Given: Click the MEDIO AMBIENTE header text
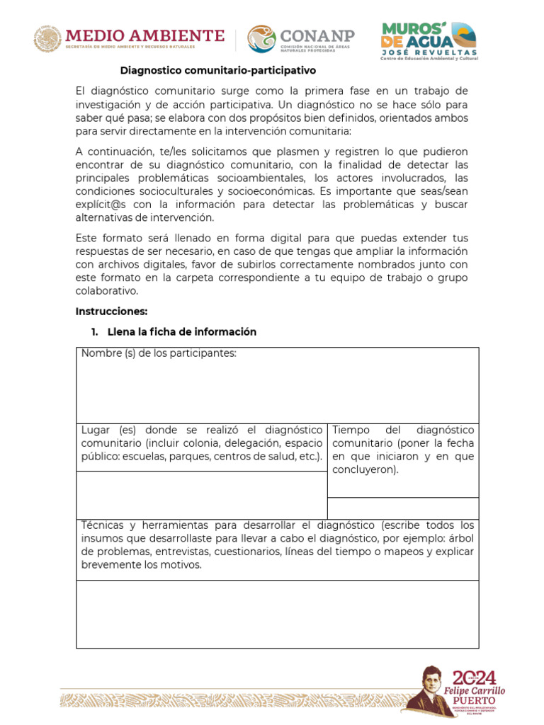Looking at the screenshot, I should tap(144, 35).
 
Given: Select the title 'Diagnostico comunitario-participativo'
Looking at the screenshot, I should tap(217, 71).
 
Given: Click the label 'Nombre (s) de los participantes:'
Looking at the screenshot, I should tap(159, 353).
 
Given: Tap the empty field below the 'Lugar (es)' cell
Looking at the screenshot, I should tap(201, 495).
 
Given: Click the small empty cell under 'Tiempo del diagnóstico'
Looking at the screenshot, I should tap(402, 508).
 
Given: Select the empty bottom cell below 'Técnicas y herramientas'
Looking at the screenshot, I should tap(277, 614).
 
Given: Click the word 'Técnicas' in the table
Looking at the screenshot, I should tap(103, 525).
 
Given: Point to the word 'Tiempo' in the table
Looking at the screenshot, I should tap(351, 430).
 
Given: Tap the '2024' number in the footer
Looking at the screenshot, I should tap(474, 677).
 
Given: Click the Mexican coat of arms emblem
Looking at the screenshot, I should tap(48, 39).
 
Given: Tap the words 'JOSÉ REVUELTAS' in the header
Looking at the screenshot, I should tap(429, 52).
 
